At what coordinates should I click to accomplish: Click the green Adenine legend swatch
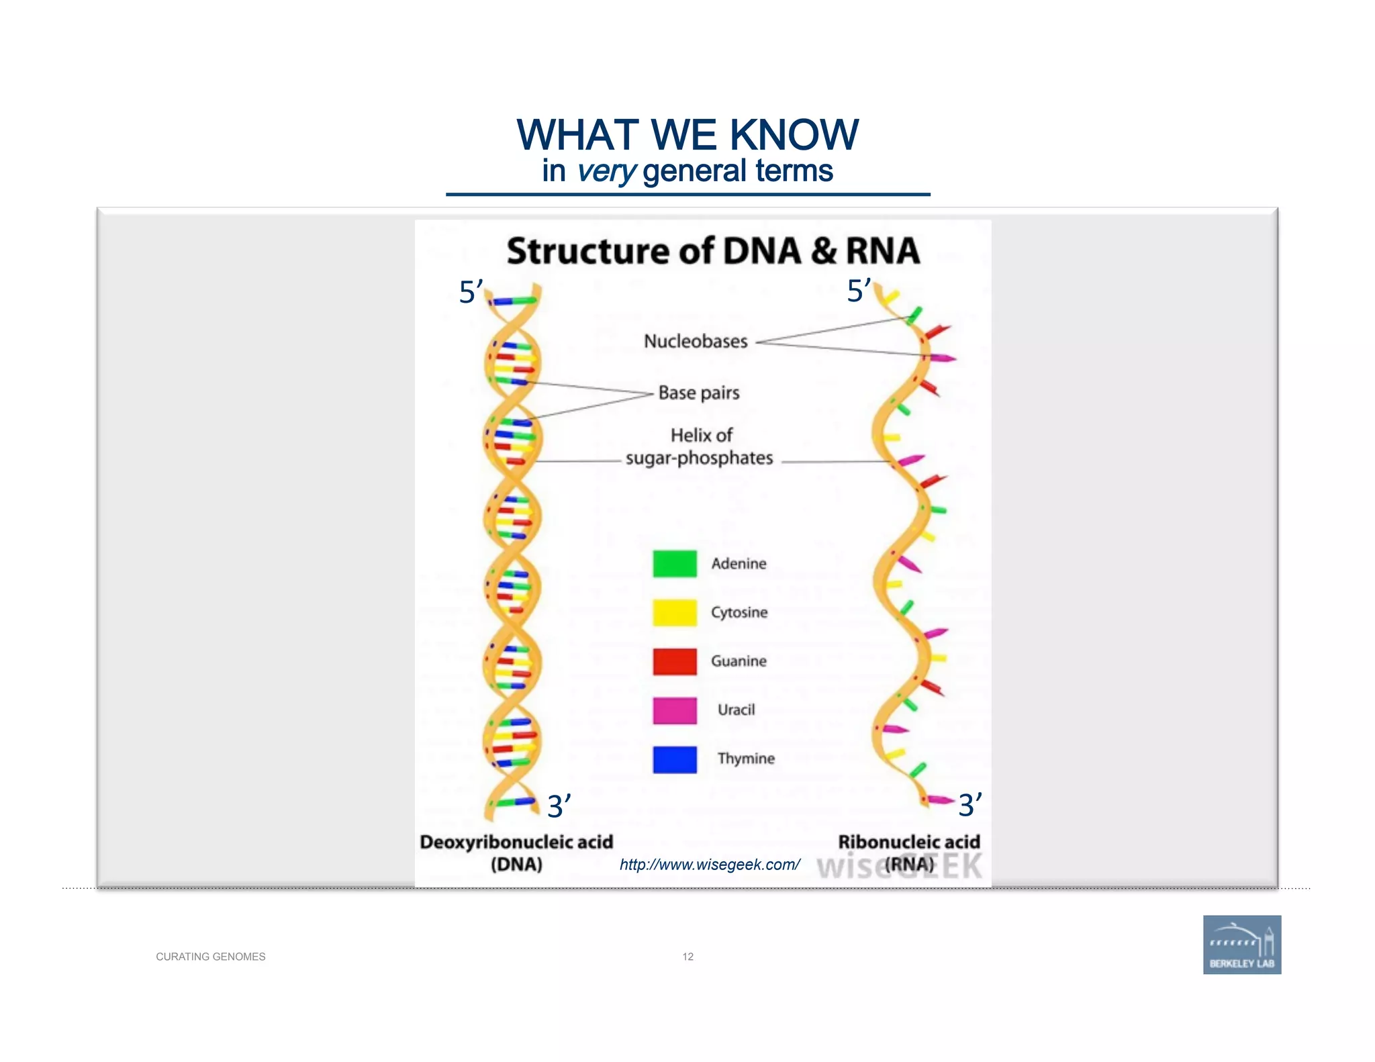[x=674, y=563]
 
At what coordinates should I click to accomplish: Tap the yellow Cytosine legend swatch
[x=674, y=612]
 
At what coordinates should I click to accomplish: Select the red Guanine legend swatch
[x=674, y=661]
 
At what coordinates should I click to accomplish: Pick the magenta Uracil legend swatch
[x=674, y=710]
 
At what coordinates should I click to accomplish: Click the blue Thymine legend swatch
[x=674, y=759]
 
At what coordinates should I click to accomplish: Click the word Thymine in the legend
[x=745, y=759]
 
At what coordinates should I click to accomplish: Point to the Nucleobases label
[x=696, y=341]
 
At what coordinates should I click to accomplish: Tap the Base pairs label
[x=698, y=393]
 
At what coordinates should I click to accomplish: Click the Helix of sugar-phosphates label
[x=700, y=447]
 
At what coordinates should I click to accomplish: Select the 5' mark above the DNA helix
[x=471, y=292]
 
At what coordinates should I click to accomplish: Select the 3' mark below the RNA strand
[x=969, y=804]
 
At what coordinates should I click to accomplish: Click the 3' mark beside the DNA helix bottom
[x=559, y=806]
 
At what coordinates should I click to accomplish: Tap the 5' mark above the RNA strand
[x=859, y=291]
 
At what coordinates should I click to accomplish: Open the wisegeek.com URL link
[x=709, y=865]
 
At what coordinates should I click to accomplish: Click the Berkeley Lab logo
[x=1241, y=945]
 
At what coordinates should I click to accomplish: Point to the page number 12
[x=687, y=957]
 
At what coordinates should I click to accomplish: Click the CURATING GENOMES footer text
[x=210, y=957]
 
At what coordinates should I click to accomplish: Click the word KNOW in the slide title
[x=794, y=134]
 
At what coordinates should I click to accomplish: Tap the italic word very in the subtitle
[x=606, y=171]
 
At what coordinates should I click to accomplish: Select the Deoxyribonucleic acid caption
[x=516, y=842]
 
